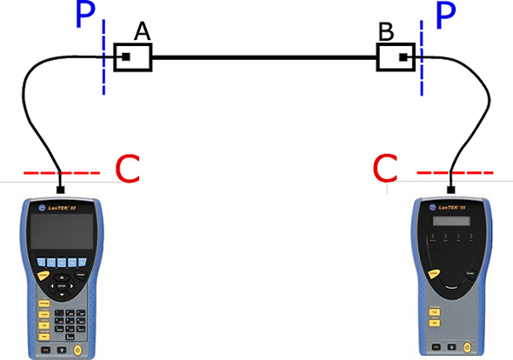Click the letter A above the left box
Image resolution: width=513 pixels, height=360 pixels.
143,32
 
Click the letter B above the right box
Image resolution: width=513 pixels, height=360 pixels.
386,34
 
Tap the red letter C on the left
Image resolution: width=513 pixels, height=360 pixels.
127,170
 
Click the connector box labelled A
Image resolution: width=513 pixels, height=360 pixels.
133,58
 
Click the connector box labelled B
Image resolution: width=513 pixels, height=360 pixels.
397,58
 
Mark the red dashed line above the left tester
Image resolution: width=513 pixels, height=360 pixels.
62,175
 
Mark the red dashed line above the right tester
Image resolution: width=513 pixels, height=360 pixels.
450,174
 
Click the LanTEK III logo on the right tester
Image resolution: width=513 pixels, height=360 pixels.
451,207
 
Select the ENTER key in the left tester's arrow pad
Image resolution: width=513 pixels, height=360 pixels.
61,283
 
